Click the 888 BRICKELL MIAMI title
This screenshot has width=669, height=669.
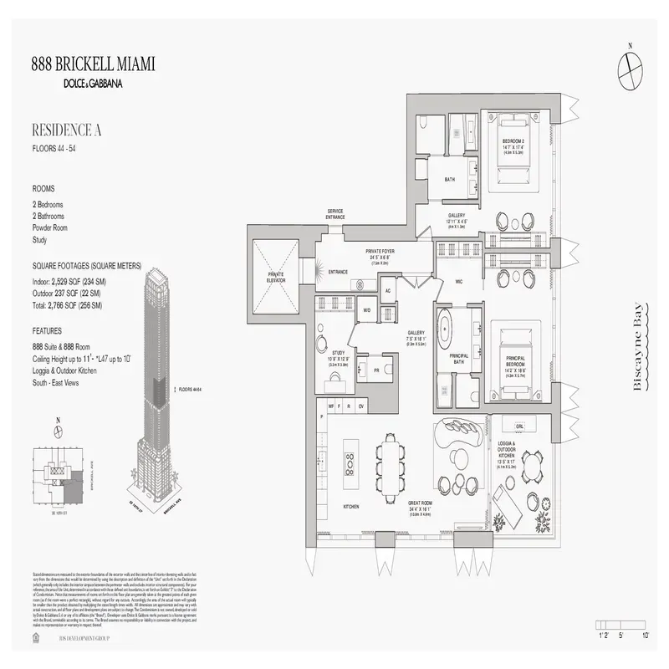[x=93, y=64]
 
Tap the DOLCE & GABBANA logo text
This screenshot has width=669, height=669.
[x=93, y=83]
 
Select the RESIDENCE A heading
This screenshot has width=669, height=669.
[x=67, y=130]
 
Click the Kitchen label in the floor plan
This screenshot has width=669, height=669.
[x=350, y=507]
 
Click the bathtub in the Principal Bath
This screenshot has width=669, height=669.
[x=457, y=326]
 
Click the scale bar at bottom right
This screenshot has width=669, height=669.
[x=623, y=625]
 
